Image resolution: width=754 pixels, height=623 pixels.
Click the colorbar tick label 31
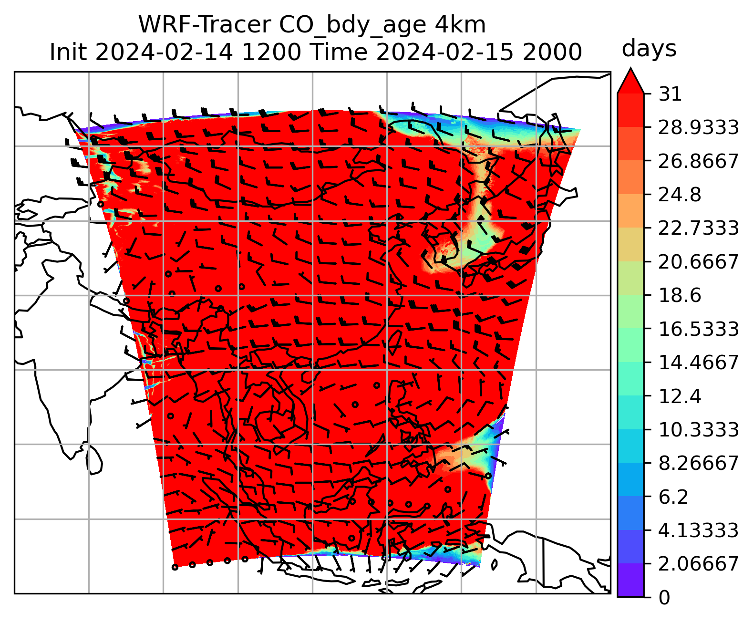[670, 94]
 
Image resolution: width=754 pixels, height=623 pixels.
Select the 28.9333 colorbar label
[698, 128]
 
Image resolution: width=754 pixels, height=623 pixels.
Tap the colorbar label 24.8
[680, 195]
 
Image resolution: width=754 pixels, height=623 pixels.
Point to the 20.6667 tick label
[698, 262]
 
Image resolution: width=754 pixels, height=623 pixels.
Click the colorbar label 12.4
[680, 396]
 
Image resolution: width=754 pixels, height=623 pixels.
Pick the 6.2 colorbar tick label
[673, 497]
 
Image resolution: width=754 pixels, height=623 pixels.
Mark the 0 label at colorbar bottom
[664, 598]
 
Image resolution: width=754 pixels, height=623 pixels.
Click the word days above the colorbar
[649, 49]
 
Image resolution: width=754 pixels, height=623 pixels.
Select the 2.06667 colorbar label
[698, 564]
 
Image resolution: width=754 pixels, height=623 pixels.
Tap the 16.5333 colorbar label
[698, 329]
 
